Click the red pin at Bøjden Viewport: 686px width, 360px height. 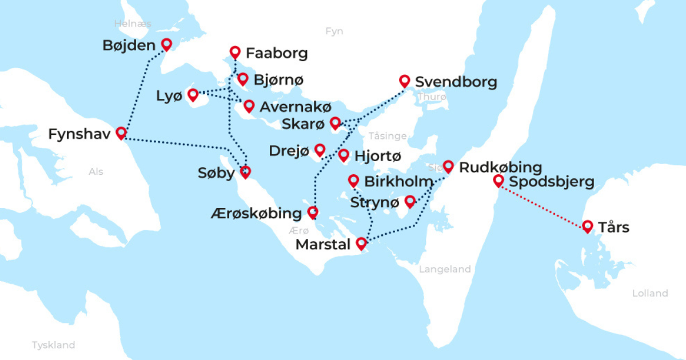coord(167,44)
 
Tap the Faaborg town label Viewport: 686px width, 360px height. coord(277,54)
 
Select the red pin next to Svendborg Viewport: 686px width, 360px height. coord(405,81)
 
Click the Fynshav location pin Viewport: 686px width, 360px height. coord(121,133)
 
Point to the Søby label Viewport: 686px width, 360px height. coord(216,173)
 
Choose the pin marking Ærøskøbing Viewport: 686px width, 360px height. coord(313,213)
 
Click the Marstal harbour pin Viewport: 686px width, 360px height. coord(361,243)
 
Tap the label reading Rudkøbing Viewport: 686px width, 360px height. coord(500,167)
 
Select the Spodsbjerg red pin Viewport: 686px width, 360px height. coord(498,181)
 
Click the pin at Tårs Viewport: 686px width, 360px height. coord(587,227)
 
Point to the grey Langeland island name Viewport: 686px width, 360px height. coord(445,269)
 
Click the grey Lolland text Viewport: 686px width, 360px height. coord(650,293)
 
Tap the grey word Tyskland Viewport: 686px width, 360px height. coord(53,345)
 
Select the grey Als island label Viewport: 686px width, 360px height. coord(96,171)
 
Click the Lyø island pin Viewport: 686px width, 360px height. coord(193,94)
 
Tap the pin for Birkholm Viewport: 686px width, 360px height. coord(353,181)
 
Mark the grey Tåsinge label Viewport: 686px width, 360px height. coord(388,136)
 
